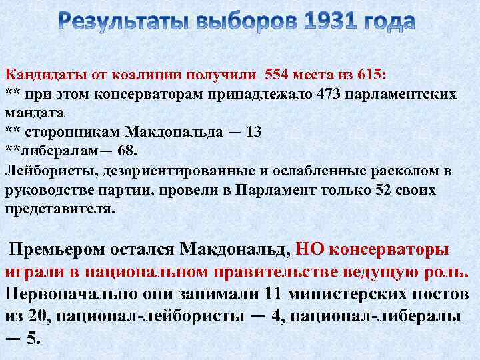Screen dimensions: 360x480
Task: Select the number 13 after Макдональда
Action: [254, 131]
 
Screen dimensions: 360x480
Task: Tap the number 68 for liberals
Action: [125, 151]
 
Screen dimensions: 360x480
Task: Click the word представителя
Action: [60, 209]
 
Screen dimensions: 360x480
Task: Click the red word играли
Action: [32, 272]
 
